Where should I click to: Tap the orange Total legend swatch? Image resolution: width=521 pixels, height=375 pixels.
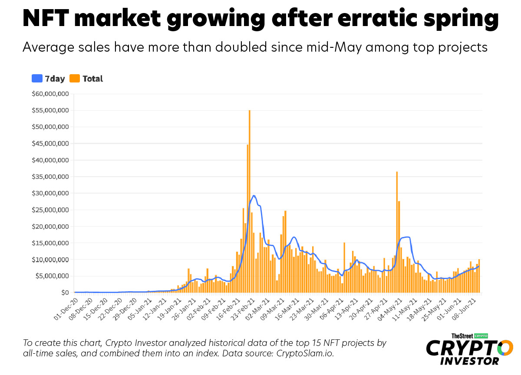point(75,79)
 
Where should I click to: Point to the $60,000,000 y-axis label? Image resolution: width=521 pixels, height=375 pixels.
point(50,94)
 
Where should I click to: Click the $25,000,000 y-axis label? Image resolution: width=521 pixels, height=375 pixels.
point(50,210)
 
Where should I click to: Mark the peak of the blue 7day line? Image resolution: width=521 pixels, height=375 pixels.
point(254,196)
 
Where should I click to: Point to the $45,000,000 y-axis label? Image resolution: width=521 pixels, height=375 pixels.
point(50,144)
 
